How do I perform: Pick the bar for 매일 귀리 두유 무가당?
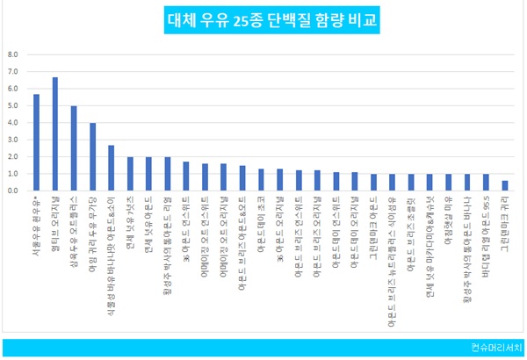pyautogui.click(x=92, y=156)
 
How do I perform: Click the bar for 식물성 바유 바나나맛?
pyautogui.click(x=111, y=168)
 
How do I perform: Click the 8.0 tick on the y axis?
pyautogui.click(x=13, y=54)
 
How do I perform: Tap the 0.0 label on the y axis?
pyautogui.click(x=13, y=191)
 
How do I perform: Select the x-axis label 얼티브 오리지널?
pyautogui.click(x=54, y=220)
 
